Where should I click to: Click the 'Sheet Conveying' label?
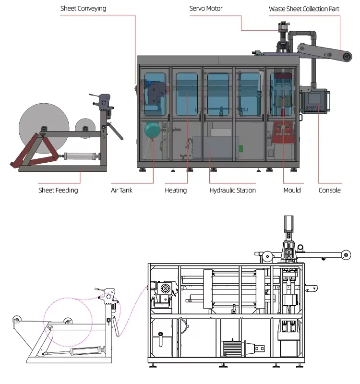tap(83, 9)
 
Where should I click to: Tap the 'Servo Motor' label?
tap(206, 9)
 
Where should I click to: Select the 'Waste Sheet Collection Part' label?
tap(304, 9)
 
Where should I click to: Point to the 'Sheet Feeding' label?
tap(58, 190)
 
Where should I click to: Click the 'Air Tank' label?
tap(121, 190)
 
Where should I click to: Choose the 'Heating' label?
tap(176, 190)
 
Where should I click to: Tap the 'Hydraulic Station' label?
tap(232, 190)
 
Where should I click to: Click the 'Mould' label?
tap(292, 190)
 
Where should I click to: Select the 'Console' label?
tap(329, 190)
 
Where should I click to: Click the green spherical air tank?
tap(152, 130)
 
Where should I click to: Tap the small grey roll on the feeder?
tap(85, 128)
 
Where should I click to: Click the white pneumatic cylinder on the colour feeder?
tap(80, 156)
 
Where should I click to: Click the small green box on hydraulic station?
tap(241, 148)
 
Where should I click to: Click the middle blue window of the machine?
tap(218, 94)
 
